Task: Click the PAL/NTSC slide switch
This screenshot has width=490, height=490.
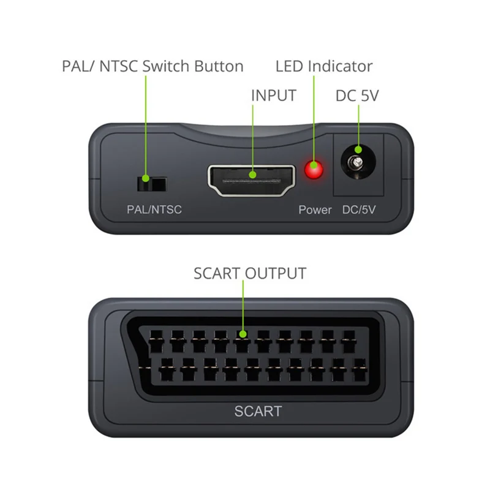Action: click(x=151, y=183)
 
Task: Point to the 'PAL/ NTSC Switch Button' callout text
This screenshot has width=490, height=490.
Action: click(x=153, y=66)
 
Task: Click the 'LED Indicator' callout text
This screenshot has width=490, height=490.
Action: click(x=323, y=66)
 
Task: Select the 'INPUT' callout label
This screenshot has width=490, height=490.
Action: click(x=273, y=96)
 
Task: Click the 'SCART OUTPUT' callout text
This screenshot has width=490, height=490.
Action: click(x=249, y=273)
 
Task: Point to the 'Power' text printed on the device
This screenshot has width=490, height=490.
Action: click(x=315, y=210)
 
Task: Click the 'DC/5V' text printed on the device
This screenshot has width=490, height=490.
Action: click(x=359, y=210)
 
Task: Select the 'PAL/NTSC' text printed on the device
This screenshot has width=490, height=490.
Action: click(x=154, y=210)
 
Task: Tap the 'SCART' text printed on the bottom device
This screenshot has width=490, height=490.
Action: click(x=258, y=410)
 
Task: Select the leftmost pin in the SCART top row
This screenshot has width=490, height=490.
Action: click(x=154, y=336)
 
